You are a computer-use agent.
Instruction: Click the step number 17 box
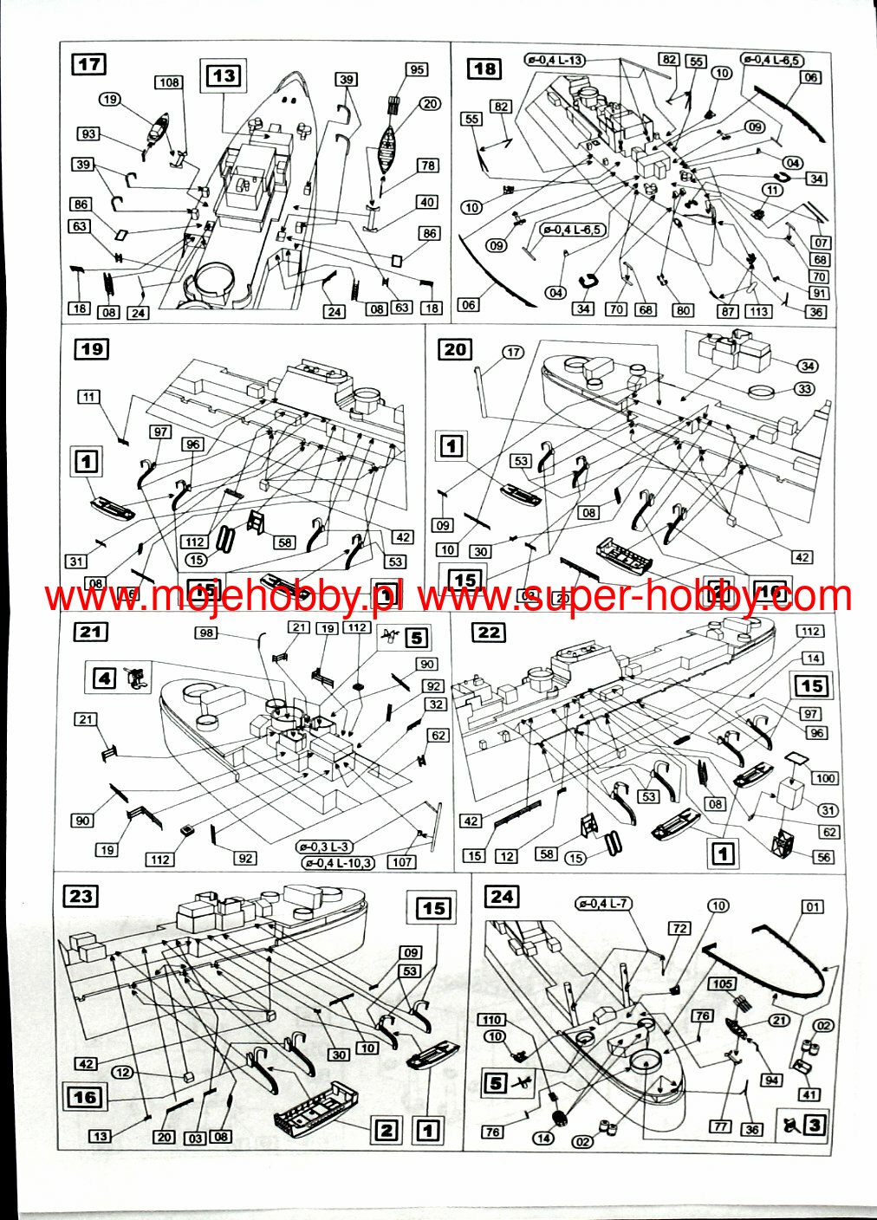click(89, 64)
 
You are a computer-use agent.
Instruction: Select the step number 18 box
click(484, 68)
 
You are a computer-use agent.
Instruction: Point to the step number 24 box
click(502, 896)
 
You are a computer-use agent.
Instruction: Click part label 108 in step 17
click(169, 82)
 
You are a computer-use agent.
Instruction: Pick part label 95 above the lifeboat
click(418, 69)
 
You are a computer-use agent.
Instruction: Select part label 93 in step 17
click(88, 134)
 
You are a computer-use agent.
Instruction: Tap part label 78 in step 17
click(428, 165)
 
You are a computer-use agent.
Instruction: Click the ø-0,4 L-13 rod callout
click(554, 60)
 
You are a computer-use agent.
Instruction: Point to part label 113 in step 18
click(759, 311)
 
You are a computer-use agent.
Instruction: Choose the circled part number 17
click(513, 352)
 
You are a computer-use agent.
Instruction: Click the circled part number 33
click(805, 390)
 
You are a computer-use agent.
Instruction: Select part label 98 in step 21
click(205, 633)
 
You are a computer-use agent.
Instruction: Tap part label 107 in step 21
click(402, 862)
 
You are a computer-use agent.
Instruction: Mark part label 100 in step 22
click(824, 778)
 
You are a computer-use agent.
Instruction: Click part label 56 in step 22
click(823, 857)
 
